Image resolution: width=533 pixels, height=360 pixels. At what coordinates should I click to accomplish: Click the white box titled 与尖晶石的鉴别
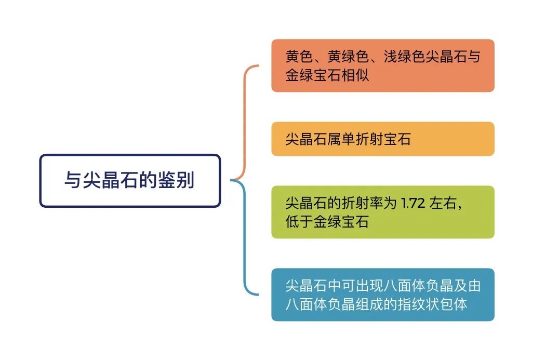pos(130,180)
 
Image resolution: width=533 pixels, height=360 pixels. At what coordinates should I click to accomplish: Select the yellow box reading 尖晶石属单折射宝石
pos(383,139)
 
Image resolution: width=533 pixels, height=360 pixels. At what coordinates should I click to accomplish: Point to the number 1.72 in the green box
pos(413,203)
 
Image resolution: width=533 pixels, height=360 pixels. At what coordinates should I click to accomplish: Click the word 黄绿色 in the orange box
pos(348,57)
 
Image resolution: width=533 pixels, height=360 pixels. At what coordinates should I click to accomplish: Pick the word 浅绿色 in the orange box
pos(405,57)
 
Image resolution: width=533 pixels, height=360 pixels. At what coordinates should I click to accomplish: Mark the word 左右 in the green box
pos(443,203)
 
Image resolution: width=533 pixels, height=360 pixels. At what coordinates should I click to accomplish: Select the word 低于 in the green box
pos(299,222)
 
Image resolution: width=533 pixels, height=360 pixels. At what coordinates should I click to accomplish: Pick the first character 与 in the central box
pos(73,180)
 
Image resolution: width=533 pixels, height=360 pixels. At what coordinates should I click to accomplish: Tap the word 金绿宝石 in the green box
pos(341,222)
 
